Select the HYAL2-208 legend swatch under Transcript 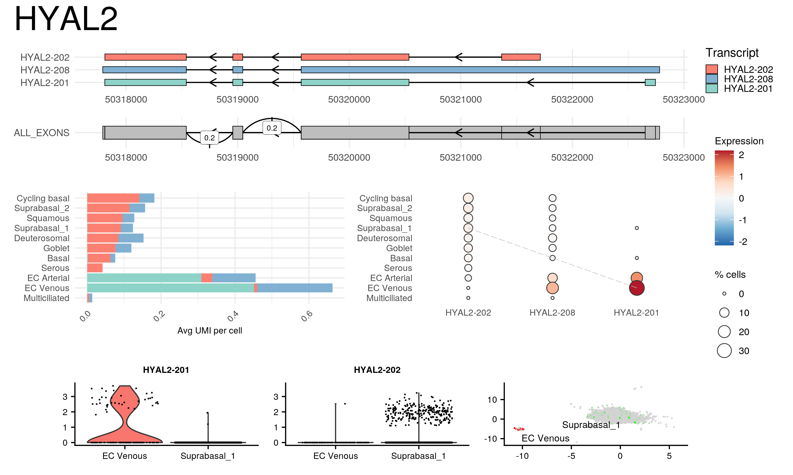click(711, 79)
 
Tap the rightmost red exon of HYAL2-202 click(520, 57)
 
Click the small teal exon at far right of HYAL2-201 click(650, 83)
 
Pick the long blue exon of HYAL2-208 click(480, 70)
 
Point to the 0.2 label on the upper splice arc click(271, 128)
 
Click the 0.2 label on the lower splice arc click(209, 138)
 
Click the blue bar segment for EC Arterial click(234, 278)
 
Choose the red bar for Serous click(95, 268)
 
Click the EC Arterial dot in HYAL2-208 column click(552, 278)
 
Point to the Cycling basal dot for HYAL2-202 click(468, 198)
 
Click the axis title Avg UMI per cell click(209, 331)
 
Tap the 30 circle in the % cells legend click(724, 350)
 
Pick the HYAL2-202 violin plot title click(377, 370)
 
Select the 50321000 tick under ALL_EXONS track click(460, 158)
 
